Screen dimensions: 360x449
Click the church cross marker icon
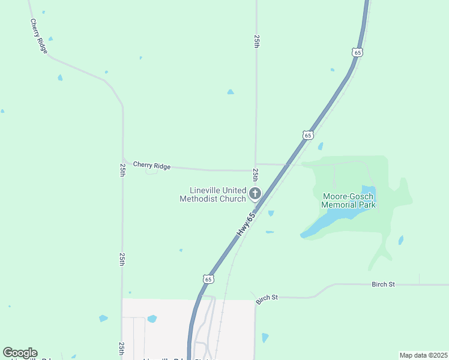point(255,193)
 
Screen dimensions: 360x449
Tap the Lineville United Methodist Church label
point(213,194)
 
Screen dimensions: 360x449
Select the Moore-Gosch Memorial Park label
point(349,200)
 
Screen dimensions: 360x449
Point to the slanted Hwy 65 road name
point(246,223)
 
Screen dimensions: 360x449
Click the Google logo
point(20,353)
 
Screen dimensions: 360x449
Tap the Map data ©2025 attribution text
point(423,355)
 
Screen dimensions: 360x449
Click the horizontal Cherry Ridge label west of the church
point(152,165)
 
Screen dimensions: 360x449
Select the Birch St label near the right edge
point(383,284)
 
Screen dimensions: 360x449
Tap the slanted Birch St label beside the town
point(267,298)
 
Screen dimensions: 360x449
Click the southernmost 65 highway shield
point(208,279)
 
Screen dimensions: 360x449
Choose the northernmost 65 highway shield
point(357,53)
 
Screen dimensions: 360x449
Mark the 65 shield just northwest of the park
point(307,136)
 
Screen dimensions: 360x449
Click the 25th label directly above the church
point(256,175)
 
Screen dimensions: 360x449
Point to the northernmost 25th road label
point(256,41)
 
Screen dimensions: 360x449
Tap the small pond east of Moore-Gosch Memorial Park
point(400,240)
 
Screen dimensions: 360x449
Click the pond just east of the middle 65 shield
point(321,146)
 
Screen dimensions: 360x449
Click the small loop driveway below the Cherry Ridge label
point(151,172)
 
